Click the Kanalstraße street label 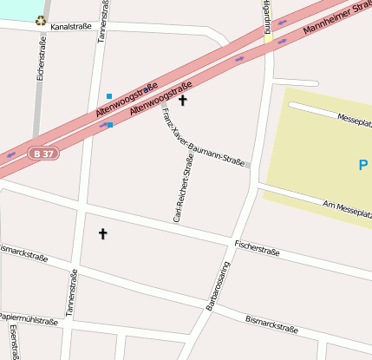pos(71,28)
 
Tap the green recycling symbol pos(40,21)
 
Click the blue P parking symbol pos(362,164)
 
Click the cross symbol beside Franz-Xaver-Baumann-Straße pos(182,101)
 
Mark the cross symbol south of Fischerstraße pos(103,233)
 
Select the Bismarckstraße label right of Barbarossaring pos(272,325)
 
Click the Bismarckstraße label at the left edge pos(23,253)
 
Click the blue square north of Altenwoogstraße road pos(108,95)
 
